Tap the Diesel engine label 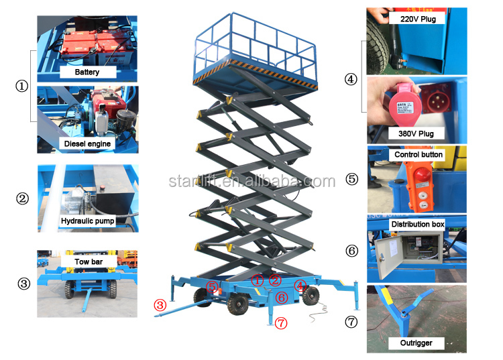pos(87,143)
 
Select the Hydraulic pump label pos(88,220)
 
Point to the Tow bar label pos(87,261)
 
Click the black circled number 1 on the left pos(22,86)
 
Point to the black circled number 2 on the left pos(22,198)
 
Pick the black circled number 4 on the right pos(351,78)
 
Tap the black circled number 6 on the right pos(351,251)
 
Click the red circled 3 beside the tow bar pos(160,304)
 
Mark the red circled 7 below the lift pos(280,322)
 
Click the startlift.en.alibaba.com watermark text pos(251,182)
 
